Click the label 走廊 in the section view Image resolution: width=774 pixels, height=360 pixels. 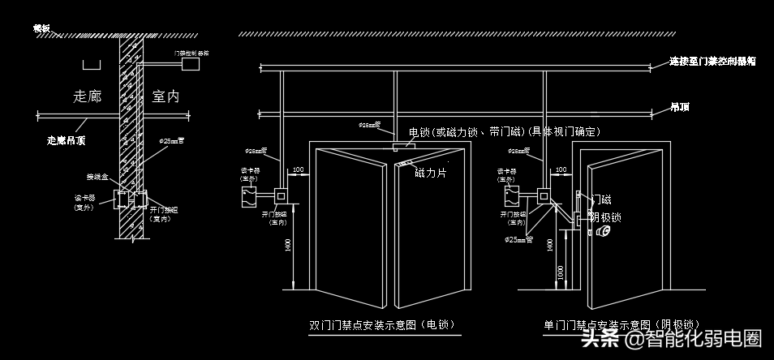[87, 96]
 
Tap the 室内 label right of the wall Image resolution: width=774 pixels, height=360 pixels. [166, 96]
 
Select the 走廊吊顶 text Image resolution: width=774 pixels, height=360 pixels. [67, 140]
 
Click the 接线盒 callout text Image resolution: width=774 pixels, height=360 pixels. [96, 176]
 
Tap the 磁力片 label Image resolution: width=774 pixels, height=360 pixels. [431, 173]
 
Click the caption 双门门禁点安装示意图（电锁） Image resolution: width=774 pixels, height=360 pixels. [381, 325]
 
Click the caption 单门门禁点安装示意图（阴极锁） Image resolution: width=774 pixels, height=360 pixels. [622, 325]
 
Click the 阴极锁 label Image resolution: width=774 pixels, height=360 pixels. [604, 216]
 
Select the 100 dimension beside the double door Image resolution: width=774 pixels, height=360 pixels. [299, 171]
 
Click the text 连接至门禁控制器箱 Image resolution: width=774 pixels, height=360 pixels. [712, 62]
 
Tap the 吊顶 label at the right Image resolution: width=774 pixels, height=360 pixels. [679, 107]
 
